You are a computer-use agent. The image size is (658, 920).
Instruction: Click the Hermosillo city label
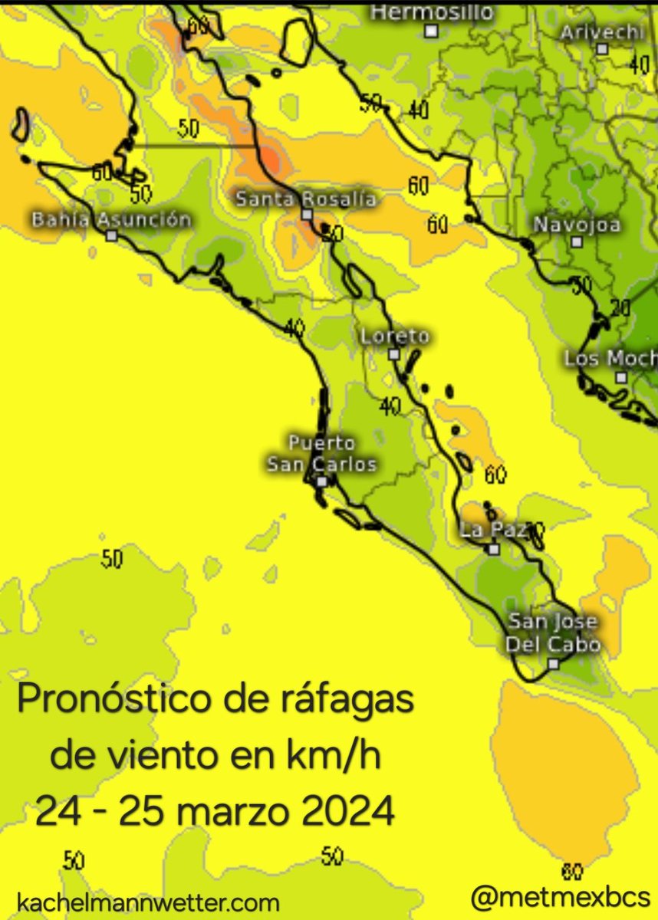[432, 12]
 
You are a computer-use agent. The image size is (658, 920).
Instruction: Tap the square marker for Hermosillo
[432, 31]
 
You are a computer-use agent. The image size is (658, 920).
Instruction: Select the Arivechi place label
[602, 32]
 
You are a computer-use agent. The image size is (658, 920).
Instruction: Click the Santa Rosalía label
[305, 199]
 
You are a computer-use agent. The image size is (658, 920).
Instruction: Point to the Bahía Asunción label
[111, 220]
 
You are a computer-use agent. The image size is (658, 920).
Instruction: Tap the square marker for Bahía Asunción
[112, 236]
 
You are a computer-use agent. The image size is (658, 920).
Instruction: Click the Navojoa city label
[577, 225]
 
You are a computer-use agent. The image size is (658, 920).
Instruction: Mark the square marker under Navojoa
[577, 242]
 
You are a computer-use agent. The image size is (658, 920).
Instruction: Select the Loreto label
[395, 337]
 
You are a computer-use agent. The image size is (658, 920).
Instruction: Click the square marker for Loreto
[393, 354]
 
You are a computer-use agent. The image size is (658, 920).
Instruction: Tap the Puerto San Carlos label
[322, 454]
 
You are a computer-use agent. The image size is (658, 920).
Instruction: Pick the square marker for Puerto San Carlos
[322, 481]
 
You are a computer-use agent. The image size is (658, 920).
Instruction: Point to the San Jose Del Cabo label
[554, 633]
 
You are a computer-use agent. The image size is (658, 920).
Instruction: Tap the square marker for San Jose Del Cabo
[554, 664]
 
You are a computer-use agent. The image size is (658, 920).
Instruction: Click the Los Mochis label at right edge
[611, 359]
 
